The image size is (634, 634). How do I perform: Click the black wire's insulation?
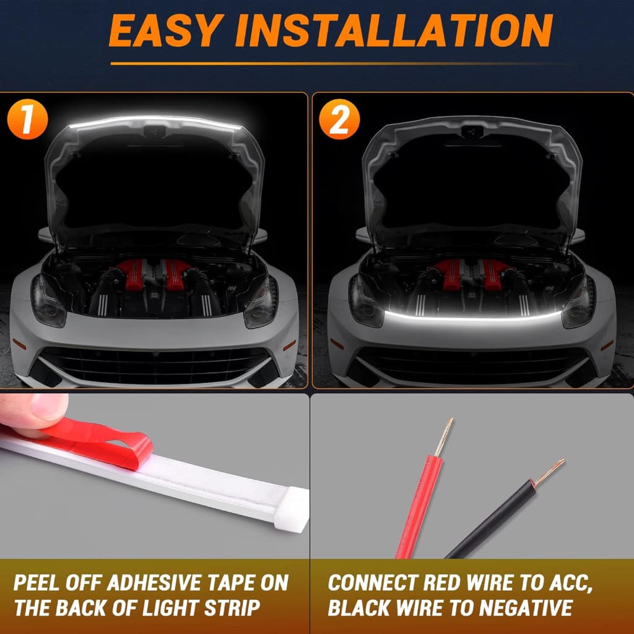click(489, 520)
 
